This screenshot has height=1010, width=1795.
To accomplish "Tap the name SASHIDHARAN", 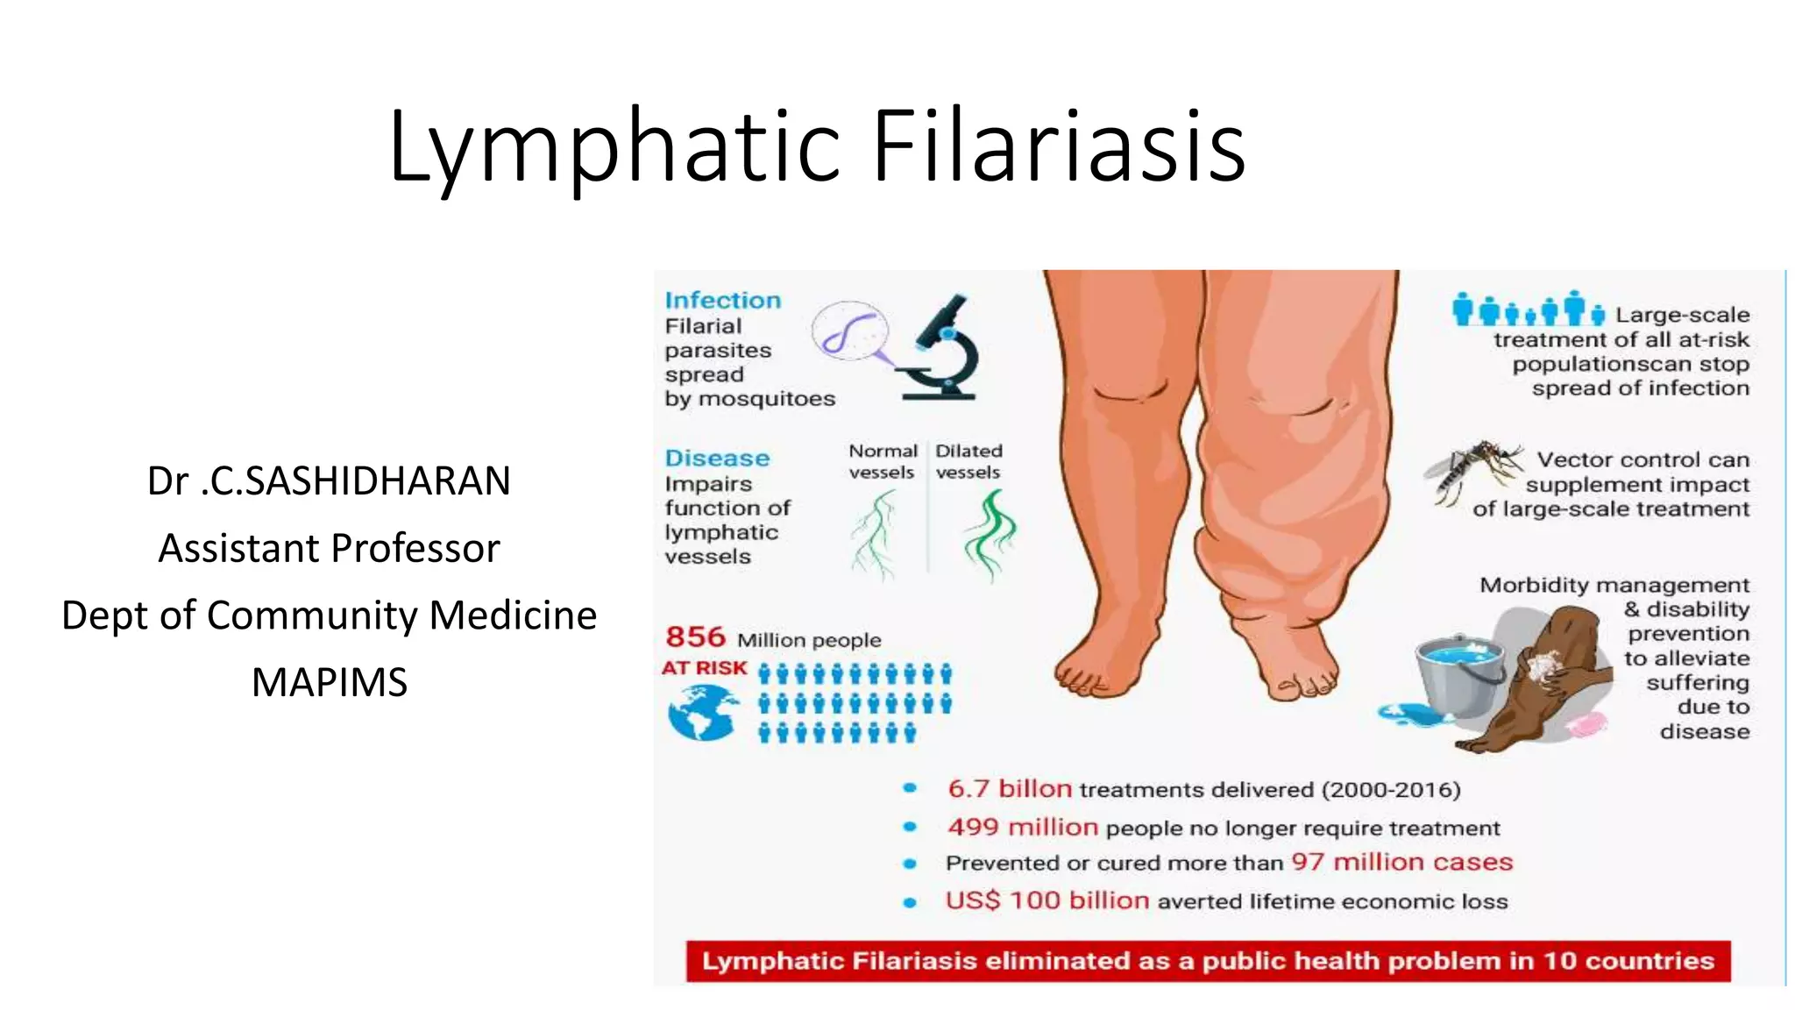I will [x=358, y=480].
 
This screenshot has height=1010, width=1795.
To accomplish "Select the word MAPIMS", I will [x=330, y=682].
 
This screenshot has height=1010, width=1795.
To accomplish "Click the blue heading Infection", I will [x=722, y=300].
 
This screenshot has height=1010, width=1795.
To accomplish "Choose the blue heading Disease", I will [x=717, y=458].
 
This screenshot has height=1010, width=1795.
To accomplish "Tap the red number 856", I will [x=695, y=637].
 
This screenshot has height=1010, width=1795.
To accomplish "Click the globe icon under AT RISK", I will [x=701, y=712].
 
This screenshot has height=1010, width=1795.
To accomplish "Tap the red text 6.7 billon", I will [x=1009, y=788].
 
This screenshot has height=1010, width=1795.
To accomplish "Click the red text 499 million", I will [x=1022, y=827].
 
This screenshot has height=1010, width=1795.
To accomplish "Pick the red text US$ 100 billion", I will [x=1046, y=900].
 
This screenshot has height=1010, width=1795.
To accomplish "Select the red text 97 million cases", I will [x=1402, y=862].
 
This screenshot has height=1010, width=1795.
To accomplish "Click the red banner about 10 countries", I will [x=1208, y=961].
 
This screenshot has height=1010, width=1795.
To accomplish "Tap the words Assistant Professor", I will [x=330, y=548].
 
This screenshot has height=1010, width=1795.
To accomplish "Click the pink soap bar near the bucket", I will [x=1586, y=724].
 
